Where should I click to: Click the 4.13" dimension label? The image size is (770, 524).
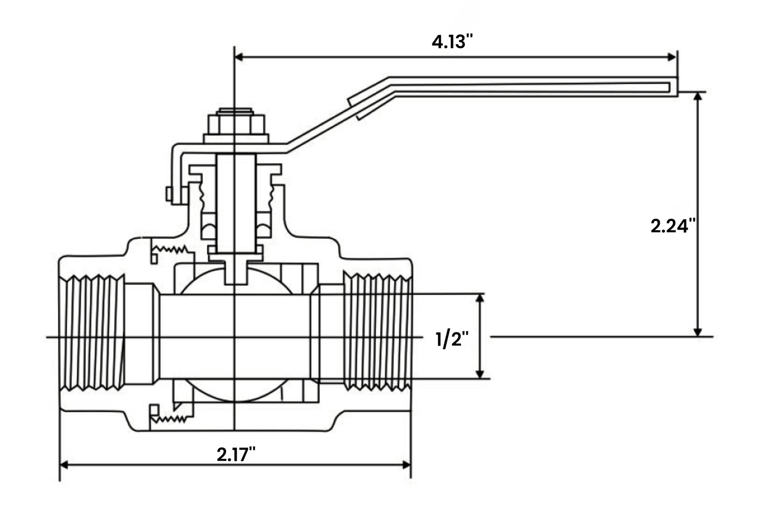(452, 42)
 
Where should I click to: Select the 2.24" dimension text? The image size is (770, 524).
(673, 226)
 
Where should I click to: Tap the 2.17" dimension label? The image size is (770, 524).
(236, 455)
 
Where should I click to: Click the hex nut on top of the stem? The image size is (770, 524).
(234, 125)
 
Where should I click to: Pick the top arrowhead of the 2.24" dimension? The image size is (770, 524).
(698, 97)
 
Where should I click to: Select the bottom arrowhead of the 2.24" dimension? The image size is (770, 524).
(698, 332)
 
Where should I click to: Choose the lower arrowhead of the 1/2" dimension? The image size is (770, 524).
(480, 374)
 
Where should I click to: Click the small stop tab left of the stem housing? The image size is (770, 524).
(169, 194)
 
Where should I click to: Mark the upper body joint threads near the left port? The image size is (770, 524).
(169, 249)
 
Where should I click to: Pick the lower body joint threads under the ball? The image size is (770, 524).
(169, 418)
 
